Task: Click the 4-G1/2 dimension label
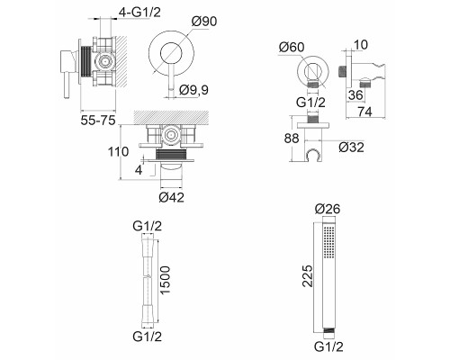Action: pos(139,13)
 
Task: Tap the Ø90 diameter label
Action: pos(204,22)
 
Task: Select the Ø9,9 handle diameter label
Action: pos(193,90)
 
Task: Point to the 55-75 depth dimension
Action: pos(98,121)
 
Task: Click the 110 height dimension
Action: pos(119,152)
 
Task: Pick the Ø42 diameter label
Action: pos(171,197)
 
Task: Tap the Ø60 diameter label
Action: pos(292,47)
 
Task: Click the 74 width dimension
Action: pos(364,112)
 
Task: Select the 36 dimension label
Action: pos(355,95)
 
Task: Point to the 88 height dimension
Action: pos(292,139)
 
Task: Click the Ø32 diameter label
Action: pos(351,148)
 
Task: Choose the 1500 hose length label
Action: pos(166,280)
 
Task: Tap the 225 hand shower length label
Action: pos(307,275)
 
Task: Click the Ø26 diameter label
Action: pos(328,209)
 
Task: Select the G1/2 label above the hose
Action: pos(148,226)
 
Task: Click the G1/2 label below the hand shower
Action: pos(328,346)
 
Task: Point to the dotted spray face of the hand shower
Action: pos(329,242)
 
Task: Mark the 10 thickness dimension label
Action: pos(361,45)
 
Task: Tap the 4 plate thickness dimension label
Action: pos(139,170)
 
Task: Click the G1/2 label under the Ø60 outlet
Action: pos(310,103)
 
